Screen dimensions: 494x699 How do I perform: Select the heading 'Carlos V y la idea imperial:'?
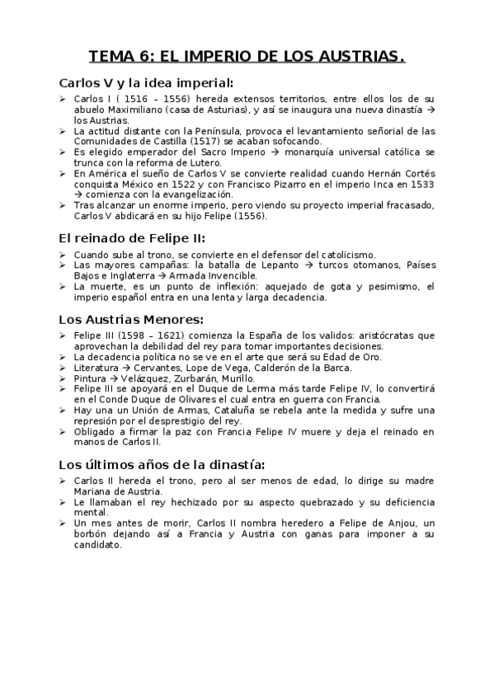coord(147,83)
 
